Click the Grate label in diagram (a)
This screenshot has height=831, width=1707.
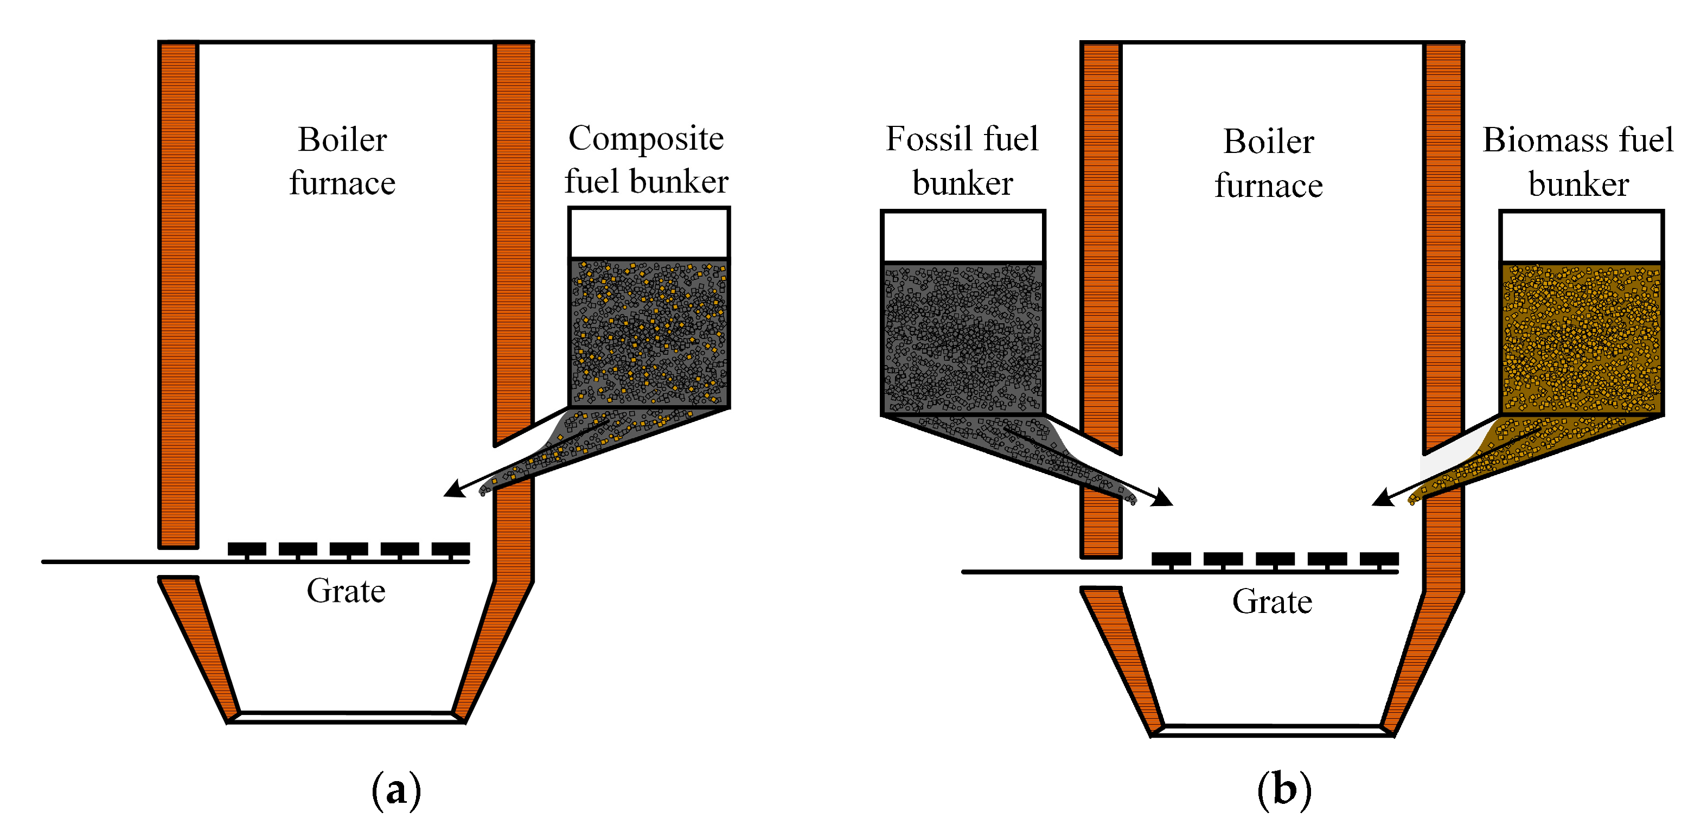(346, 591)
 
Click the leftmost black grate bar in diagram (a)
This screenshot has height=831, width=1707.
(246, 549)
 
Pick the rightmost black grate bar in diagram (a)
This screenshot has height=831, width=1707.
(451, 549)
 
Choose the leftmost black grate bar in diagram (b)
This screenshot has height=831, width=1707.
(1171, 559)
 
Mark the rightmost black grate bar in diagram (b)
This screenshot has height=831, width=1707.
(1379, 559)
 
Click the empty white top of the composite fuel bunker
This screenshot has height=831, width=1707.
(649, 233)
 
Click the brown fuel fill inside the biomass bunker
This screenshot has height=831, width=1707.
(1581, 338)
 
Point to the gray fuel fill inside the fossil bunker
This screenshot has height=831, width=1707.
(962, 338)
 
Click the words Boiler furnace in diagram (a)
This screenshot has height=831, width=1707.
(342, 161)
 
